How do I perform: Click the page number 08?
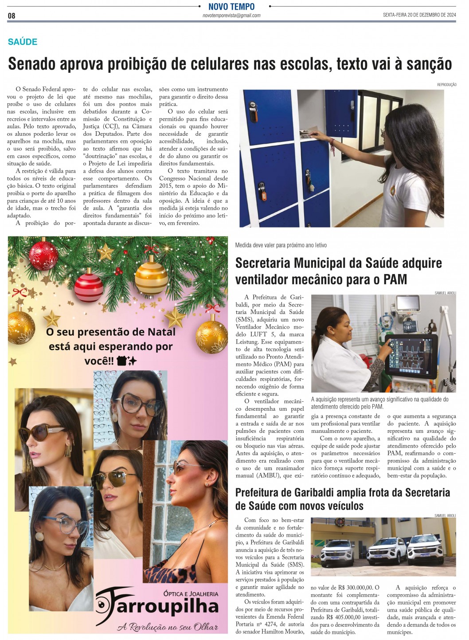click(x=12, y=16)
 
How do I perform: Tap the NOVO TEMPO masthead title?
click(x=231, y=7)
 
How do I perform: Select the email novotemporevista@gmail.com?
click(x=231, y=16)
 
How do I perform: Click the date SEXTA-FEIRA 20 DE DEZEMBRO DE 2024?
click(x=419, y=15)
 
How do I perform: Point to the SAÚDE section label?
click(x=23, y=42)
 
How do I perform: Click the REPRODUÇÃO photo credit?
click(x=446, y=85)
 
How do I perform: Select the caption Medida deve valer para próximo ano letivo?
click(x=281, y=245)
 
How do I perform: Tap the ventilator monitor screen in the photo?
click(x=412, y=353)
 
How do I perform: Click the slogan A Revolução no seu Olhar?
click(x=168, y=627)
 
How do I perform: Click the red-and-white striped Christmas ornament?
click(x=89, y=287)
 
